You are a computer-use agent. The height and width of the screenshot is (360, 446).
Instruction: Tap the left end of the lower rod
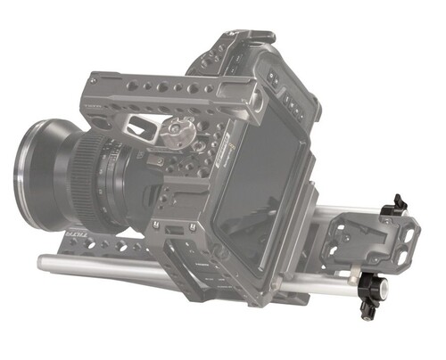click(42, 262)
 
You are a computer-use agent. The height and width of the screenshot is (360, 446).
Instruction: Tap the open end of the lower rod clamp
click(380, 289)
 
